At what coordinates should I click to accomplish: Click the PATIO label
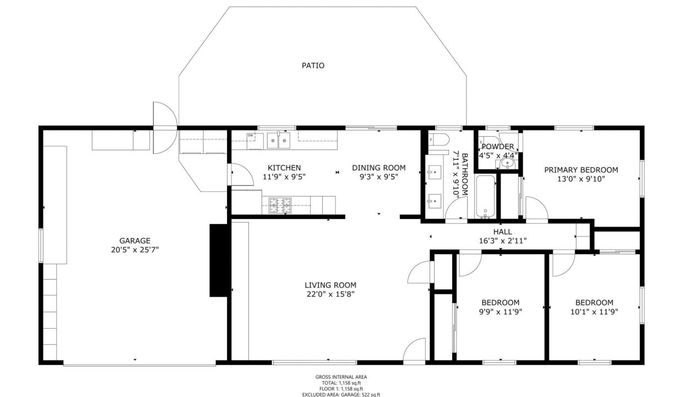pyautogui.click(x=313, y=66)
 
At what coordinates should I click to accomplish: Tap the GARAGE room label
pyautogui.click(x=135, y=241)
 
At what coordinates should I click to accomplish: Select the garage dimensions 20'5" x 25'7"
pyautogui.click(x=135, y=250)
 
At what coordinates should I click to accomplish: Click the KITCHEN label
pyautogui.click(x=284, y=168)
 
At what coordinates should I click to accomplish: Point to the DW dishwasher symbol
pyautogui.click(x=251, y=136)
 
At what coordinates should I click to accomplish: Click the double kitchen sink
pyautogui.click(x=278, y=141)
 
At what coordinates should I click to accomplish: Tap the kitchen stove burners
pyautogui.click(x=280, y=205)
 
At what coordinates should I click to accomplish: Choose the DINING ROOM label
pyautogui.click(x=379, y=168)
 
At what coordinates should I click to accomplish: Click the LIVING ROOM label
pyautogui.click(x=330, y=285)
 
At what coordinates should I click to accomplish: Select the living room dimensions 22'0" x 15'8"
pyautogui.click(x=330, y=294)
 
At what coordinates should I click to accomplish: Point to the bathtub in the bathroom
pyautogui.click(x=485, y=197)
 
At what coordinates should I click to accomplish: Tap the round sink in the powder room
pyautogui.click(x=508, y=163)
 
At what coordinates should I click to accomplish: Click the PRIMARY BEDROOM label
pyautogui.click(x=581, y=170)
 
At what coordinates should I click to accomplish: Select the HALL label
pyautogui.click(x=502, y=232)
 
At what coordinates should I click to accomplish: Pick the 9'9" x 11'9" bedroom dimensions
pyautogui.click(x=500, y=312)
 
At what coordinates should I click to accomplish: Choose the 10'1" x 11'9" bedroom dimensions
pyautogui.click(x=594, y=312)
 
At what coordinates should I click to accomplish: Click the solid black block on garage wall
pyautogui.click(x=218, y=261)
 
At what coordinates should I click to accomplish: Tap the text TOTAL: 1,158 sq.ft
pyautogui.click(x=341, y=383)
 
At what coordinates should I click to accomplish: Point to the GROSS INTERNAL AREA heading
pyautogui.click(x=341, y=377)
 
